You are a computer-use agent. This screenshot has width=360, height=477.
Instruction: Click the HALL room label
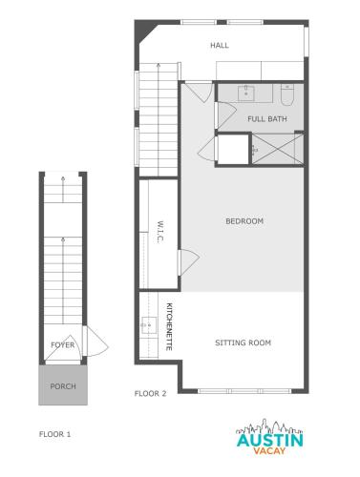point(220,45)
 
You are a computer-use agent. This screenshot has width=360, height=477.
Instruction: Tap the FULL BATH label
point(267,119)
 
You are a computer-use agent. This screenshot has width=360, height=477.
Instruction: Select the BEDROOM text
point(244,221)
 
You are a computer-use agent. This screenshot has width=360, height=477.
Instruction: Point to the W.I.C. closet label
point(160,232)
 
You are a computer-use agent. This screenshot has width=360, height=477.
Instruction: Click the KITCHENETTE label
point(169,326)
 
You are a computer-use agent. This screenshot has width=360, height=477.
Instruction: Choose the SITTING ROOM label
point(244,342)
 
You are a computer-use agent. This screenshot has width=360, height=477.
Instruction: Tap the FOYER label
point(63,344)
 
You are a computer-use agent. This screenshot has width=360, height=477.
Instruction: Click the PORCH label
point(63,386)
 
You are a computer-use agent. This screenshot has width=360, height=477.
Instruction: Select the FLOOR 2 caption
point(150,394)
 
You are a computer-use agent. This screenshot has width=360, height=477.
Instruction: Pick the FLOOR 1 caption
point(54,434)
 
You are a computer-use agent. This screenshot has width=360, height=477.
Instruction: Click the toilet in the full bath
point(286,94)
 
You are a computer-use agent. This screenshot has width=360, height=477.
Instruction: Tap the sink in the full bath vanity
point(246,93)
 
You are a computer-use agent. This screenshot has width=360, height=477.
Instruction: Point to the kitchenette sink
point(149,325)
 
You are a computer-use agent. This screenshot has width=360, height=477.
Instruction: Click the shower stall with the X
point(278,149)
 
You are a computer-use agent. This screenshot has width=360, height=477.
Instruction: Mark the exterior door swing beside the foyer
point(97,342)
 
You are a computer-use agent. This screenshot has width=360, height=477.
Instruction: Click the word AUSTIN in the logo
point(270,441)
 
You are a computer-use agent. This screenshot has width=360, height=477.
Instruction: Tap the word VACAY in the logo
point(269,450)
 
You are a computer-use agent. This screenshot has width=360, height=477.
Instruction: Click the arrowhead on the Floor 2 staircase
point(159,65)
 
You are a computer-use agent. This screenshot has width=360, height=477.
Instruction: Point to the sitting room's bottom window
point(244,391)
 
